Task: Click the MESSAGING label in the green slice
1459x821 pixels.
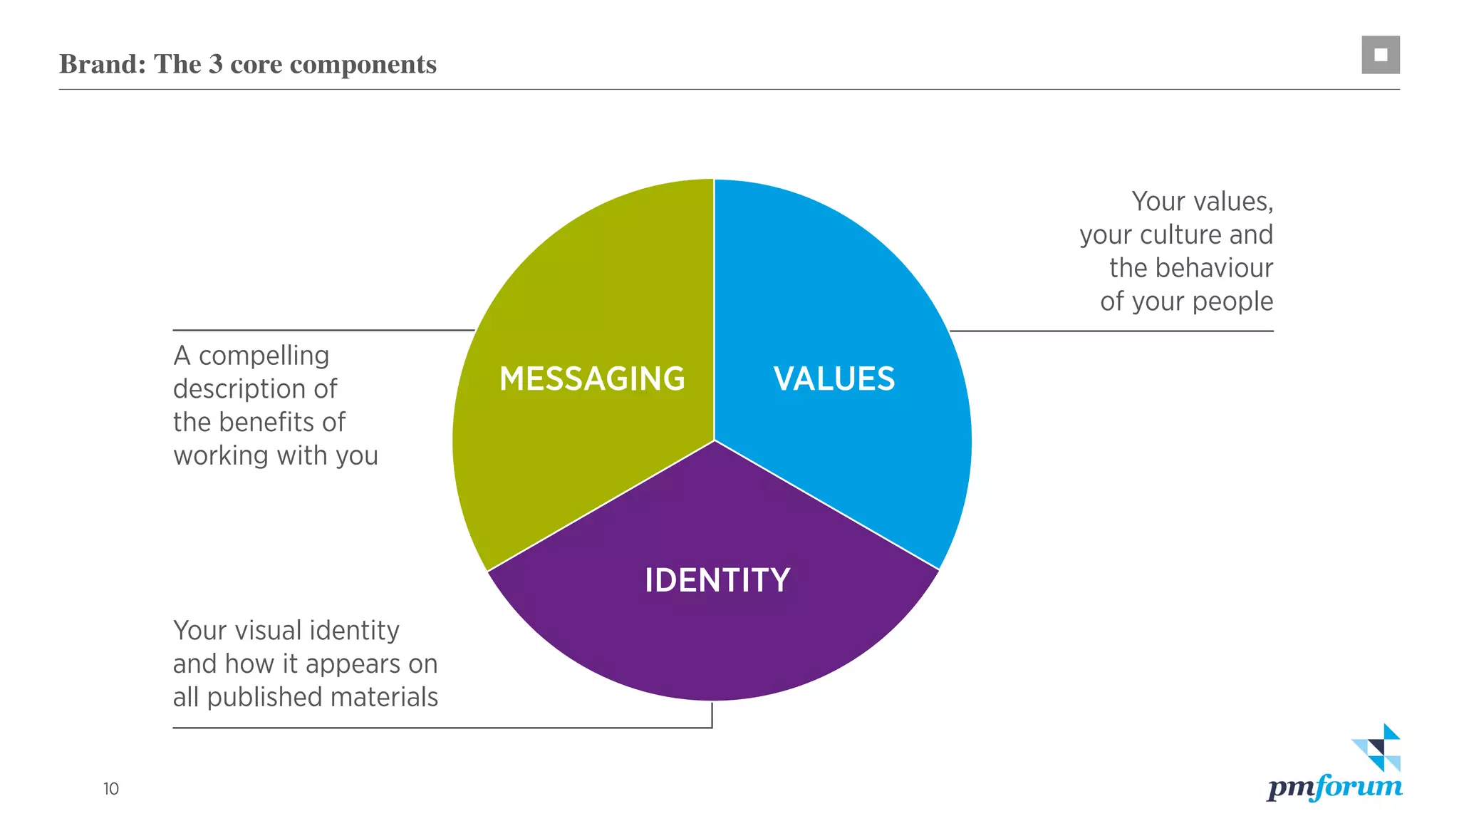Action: point(592,378)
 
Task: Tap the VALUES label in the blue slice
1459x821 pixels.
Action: point(834,378)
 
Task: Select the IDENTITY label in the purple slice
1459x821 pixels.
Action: point(717,580)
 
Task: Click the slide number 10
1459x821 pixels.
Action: point(111,789)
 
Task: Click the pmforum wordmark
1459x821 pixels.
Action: point(1334,788)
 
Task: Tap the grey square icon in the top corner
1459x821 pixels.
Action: point(1381,55)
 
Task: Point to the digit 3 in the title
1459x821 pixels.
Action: point(216,64)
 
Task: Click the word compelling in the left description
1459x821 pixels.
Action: point(264,356)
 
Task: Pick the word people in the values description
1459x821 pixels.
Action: point(1232,302)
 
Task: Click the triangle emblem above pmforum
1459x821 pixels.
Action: point(1377,748)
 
